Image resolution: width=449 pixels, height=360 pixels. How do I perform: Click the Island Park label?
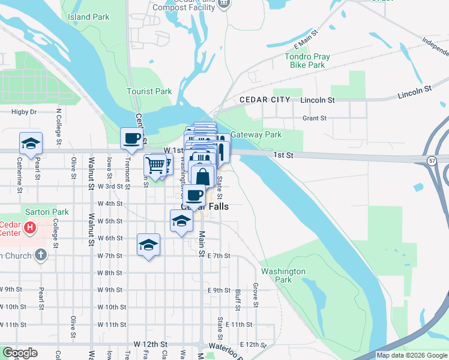tap(89, 17)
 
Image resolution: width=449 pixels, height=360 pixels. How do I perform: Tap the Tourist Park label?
tap(149, 92)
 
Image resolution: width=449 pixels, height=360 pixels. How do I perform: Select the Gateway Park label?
tap(256, 135)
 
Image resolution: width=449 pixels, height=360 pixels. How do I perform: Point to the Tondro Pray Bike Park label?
tap(307, 61)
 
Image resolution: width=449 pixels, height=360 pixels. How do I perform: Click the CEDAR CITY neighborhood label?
tap(265, 100)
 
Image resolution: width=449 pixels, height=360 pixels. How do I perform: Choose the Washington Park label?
tap(283, 275)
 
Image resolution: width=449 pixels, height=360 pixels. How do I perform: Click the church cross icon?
tap(40, 256)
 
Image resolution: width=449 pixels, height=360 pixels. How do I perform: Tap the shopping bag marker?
tap(203, 176)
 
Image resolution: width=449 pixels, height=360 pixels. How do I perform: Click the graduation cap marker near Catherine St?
tap(31, 143)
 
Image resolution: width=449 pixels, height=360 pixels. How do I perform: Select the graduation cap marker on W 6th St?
tap(148, 245)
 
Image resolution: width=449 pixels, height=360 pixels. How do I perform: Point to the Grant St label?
tap(314, 118)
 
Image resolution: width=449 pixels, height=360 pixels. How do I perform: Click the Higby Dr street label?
tap(24, 112)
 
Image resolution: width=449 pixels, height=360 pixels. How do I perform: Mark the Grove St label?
tap(256, 293)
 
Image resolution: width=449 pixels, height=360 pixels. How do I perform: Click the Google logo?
tap(20, 353)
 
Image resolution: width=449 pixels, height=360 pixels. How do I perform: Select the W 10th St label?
tap(110, 307)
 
